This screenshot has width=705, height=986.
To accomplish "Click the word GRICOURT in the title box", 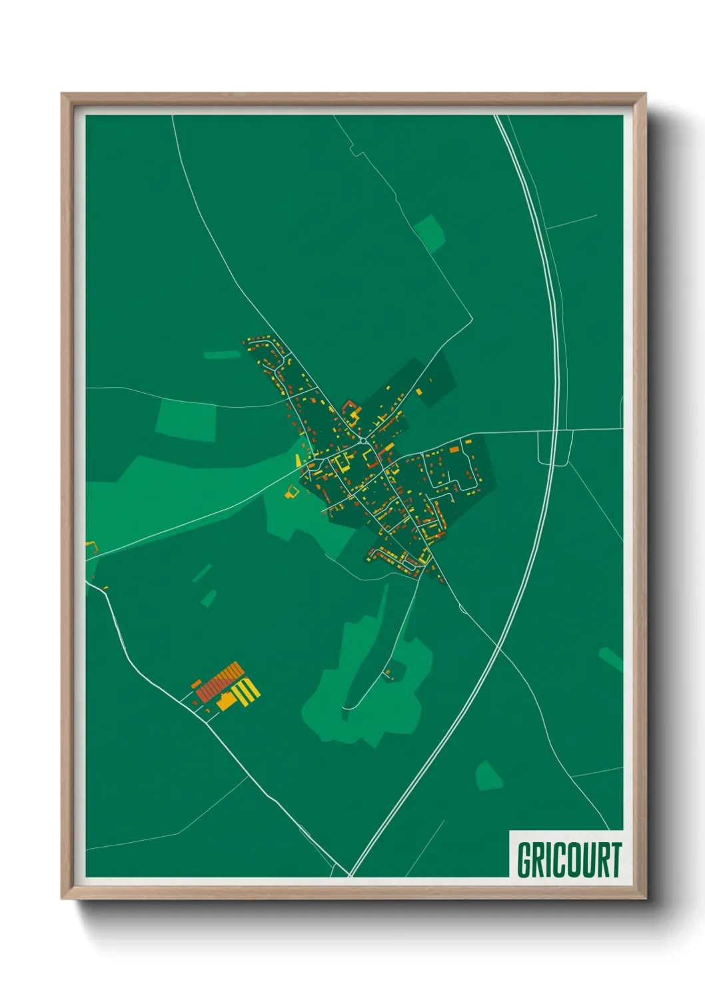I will pos(568,860).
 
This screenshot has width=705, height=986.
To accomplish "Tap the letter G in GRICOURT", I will pos(524,860).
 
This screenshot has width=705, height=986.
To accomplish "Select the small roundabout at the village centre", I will pos(362,440).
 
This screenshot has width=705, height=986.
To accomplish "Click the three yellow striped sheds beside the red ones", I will pos(246,692).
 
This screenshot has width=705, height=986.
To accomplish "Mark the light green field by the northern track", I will pos(428,233).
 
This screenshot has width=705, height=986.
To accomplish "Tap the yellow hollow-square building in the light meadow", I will pos(291,492).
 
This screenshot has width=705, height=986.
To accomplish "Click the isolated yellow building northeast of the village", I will pos(419,392).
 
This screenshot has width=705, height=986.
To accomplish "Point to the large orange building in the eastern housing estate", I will pos(454,450).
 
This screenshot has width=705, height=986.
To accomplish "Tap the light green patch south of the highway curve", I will pos(489,776).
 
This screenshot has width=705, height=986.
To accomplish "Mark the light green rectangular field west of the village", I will pos(187,420).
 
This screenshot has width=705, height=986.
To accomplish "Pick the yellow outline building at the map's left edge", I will pos(91,547).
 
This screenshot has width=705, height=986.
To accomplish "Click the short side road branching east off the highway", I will pos(572,223).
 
